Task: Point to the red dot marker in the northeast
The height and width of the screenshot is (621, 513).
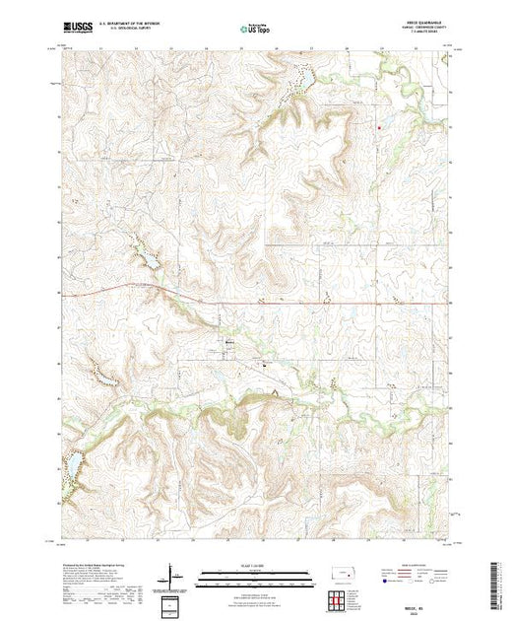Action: point(379,124)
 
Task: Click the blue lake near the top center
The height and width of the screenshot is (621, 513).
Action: point(305,78)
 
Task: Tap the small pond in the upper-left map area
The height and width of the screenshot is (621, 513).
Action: point(153,259)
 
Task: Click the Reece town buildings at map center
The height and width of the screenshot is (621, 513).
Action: point(230,343)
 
